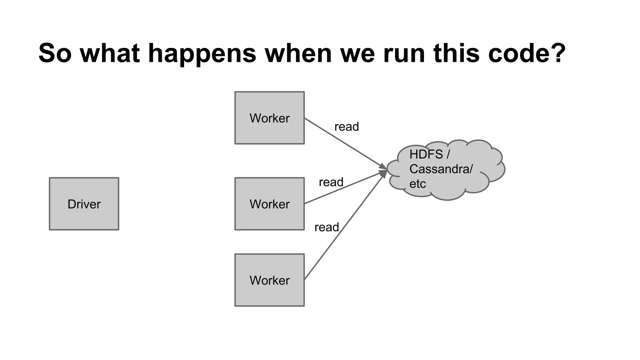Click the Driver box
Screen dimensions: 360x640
[x=84, y=204]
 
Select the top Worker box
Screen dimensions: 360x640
[x=269, y=118]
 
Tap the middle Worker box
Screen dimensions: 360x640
[x=269, y=204]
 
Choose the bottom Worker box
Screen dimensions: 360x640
[x=269, y=280]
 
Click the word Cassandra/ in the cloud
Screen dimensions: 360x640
[x=441, y=169]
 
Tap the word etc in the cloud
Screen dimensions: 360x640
[x=417, y=184]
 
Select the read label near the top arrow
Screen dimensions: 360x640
[x=347, y=127]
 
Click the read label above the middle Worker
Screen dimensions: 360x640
[x=331, y=182]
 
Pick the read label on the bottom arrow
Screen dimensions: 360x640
[x=327, y=227]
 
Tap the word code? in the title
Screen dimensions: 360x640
[x=527, y=53]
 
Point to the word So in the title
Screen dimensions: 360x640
[x=55, y=53]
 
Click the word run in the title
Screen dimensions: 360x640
[x=404, y=53]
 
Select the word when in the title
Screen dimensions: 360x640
[x=298, y=53]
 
